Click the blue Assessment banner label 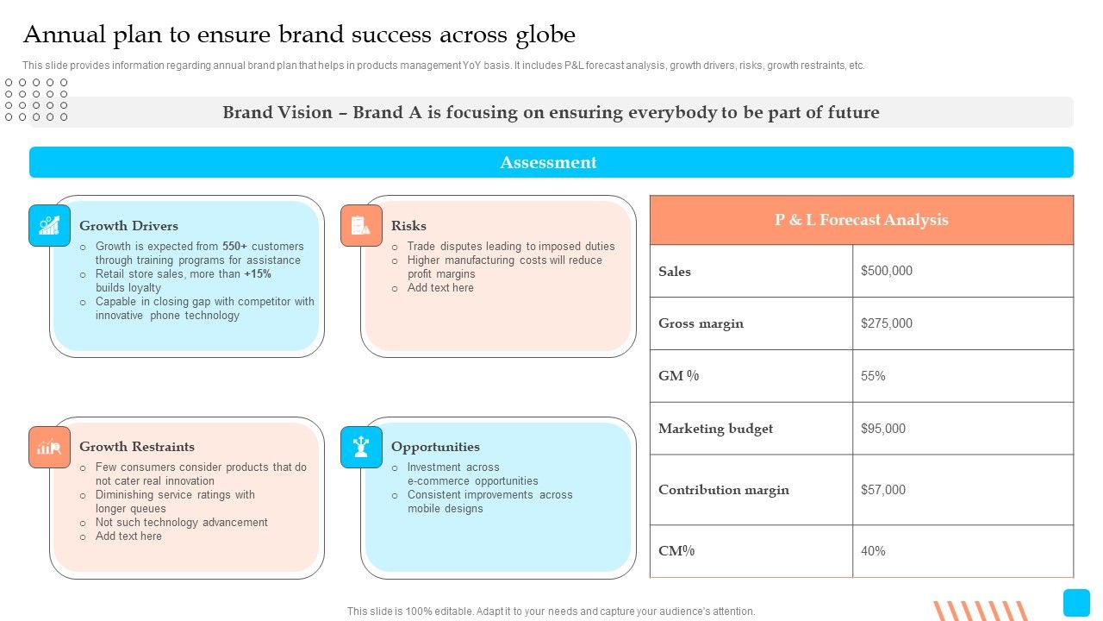(x=548, y=162)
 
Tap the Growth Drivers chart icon (x=49, y=225)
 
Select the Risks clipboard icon (x=361, y=225)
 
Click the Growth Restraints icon (x=49, y=447)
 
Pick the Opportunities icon (x=361, y=447)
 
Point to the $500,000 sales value (x=887, y=271)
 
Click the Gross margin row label (x=701, y=323)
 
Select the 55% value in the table (x=873, y=376)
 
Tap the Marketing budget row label (x=715, y=429)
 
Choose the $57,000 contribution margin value (x=883, y=489)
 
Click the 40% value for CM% (x=873, y=550)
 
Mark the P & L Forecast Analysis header (x=861, y=219)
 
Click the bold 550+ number (x=234, y=246)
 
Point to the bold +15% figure (x=258, y=273)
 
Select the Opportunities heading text (x=435, y=447)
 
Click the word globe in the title (x=545, y=35)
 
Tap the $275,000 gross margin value (x=887, y=323)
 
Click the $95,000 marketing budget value (x=883, y=429)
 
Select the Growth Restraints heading (x=137, y=447)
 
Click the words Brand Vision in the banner (x=277, y=112)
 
